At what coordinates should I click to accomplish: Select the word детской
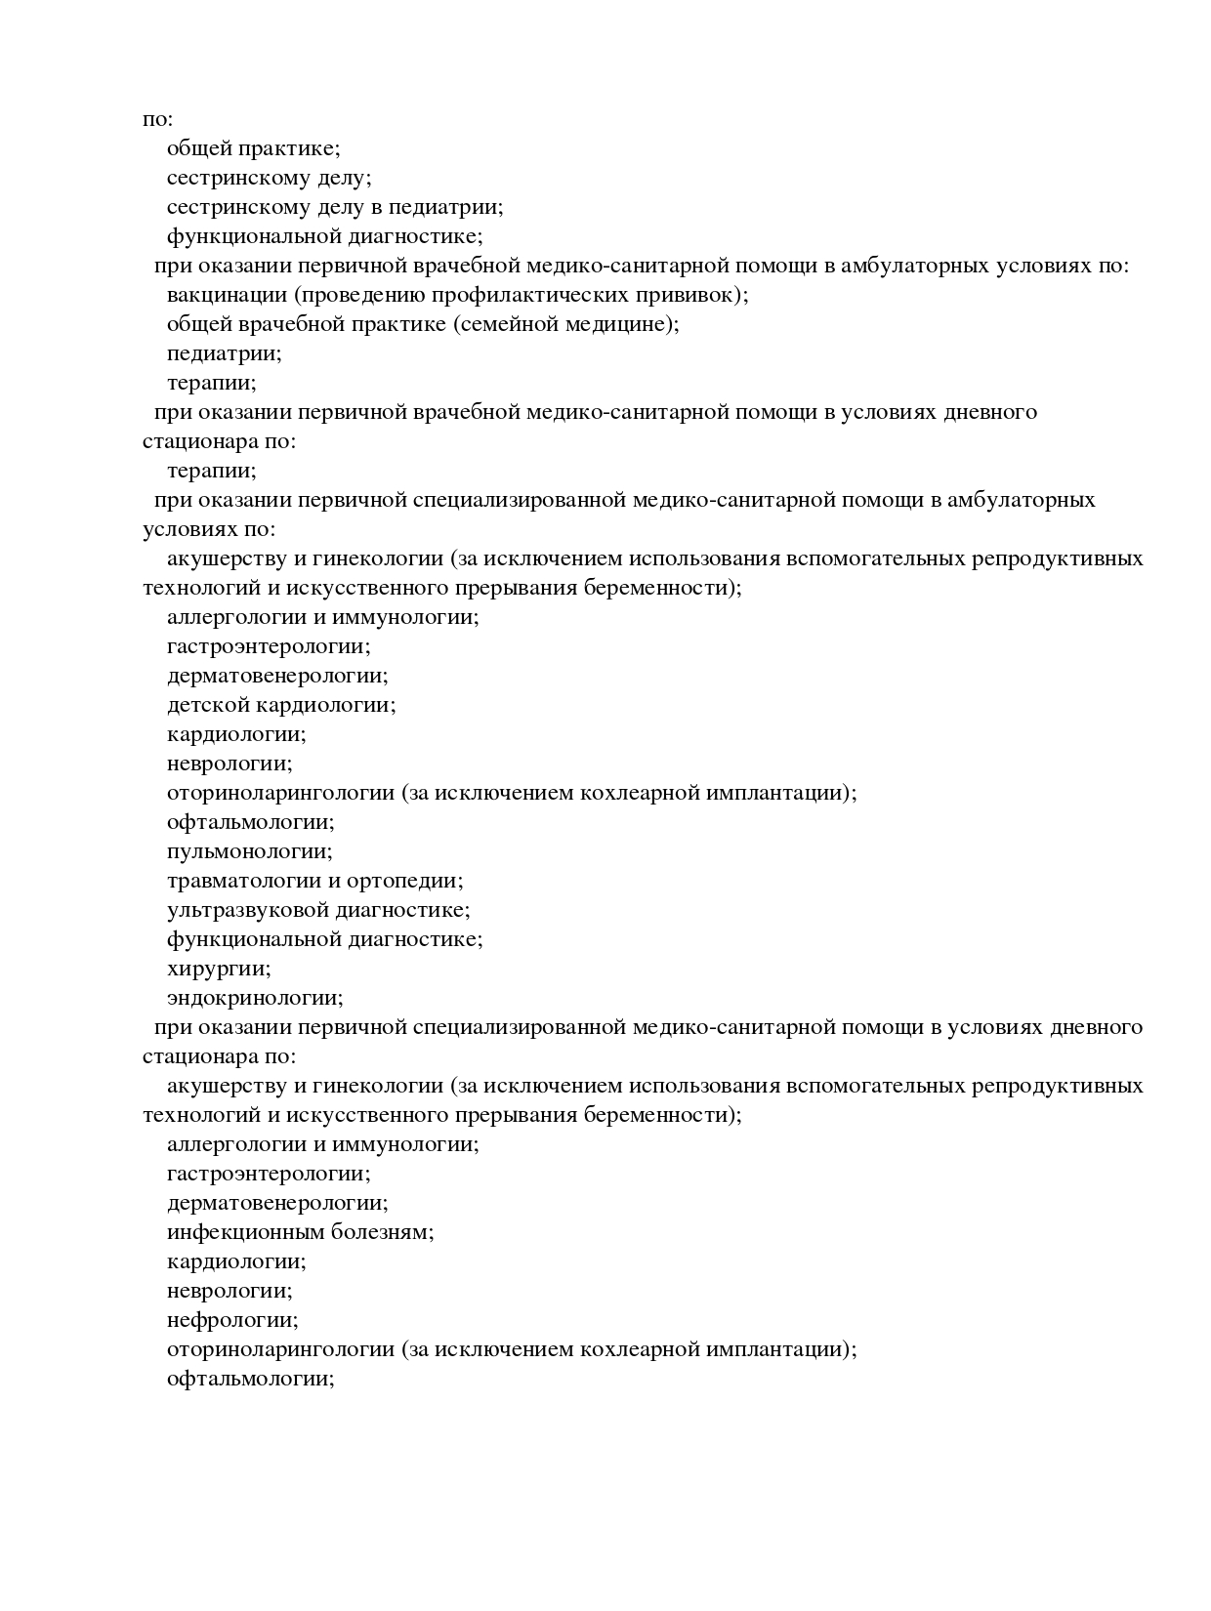[208, 705]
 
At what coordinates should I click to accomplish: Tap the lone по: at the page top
[157, 119]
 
